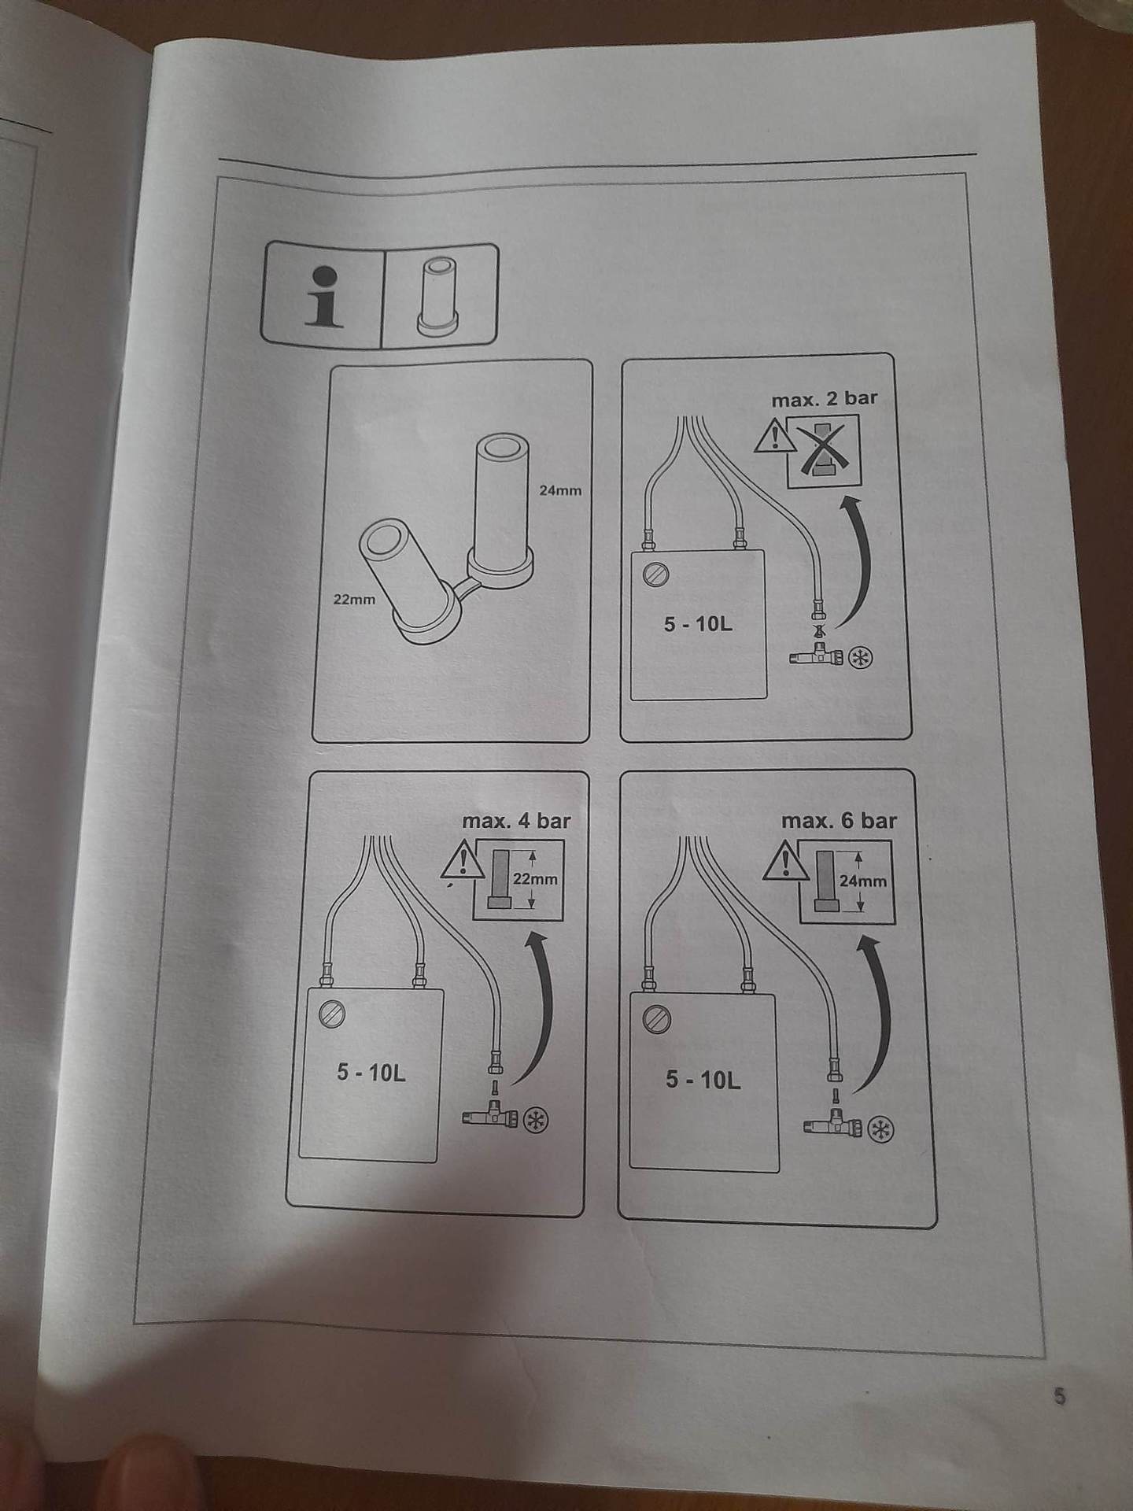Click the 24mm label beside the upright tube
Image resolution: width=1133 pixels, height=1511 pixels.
coord(560,490)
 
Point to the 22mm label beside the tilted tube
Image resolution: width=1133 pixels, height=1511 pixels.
coord(354,599)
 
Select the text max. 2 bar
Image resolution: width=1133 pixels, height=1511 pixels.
coord(824,399)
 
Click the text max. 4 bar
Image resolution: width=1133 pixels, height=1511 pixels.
coord(516,822)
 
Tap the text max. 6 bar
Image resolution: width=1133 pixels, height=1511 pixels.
coord(839,821)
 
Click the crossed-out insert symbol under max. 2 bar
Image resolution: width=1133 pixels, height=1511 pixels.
coord(825,451)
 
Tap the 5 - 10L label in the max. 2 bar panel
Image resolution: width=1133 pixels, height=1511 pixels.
coord(698,624)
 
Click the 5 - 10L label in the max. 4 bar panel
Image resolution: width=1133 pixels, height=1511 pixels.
coord(371,1073)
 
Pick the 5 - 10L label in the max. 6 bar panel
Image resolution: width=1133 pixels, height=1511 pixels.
coord(703,1079)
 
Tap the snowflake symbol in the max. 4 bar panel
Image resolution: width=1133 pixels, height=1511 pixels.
coord(537,1121)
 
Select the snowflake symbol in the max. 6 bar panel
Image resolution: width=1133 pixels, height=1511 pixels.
coord(881,1131)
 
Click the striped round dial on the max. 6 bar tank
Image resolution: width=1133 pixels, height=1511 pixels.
coord(655,1020)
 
